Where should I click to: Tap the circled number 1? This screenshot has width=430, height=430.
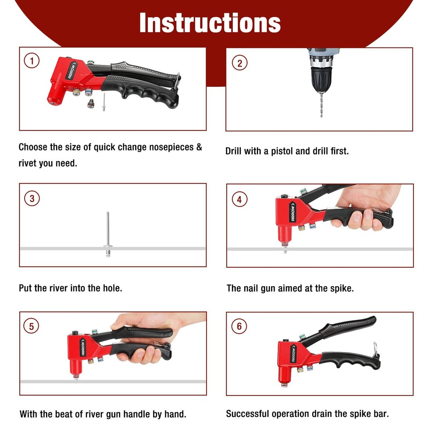[31, 60]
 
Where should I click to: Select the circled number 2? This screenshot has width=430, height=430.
[240, 63]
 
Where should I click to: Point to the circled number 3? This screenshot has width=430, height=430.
[31, 198]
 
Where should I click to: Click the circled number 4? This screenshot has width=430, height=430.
[240, 199]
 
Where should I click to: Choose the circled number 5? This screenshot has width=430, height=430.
[31, 326]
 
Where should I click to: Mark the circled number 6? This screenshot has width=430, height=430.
[239, 326]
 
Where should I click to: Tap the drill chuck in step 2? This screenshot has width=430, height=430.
[321, 79]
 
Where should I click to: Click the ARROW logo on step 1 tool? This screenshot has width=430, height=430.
[73, 70]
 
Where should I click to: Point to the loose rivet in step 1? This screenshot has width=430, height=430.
[103, 102]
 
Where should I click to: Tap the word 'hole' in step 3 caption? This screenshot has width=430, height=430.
[111, 288]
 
